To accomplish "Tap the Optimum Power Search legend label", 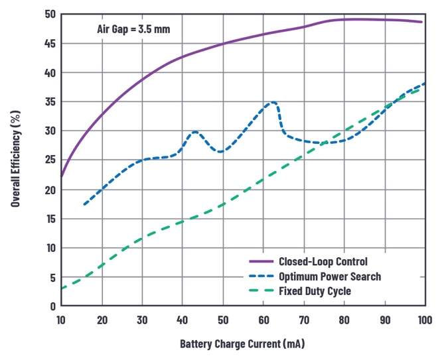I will tap(330, 276).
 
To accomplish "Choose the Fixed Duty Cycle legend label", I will tap(315, 290).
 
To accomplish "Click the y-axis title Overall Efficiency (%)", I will tap(15, 159).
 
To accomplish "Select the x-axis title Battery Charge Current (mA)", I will tap(242, 344).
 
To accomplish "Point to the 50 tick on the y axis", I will tap(50, 15).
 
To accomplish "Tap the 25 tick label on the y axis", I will tap(50, 160).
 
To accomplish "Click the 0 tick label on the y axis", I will tap(52, 306).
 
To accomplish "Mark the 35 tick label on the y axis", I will tap(50, 102).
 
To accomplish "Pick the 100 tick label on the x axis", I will tap(423, 320).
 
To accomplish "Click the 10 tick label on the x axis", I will tap(62, 320).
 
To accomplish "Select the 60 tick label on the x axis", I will tap(263, 320).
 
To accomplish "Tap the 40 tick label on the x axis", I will tap(183, 320).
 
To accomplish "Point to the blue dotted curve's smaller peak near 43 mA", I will tap(195, 131).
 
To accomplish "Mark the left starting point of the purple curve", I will tap(61, 176).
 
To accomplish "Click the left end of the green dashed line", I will tap(62, 288).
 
